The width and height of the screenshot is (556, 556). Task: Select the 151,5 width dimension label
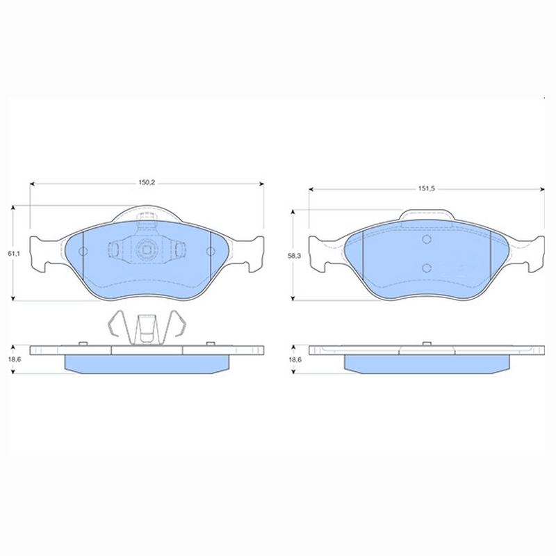pyautogui.click(x=426, y=188)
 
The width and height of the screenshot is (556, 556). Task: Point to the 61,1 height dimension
pyautogui.click(x=12, y=254)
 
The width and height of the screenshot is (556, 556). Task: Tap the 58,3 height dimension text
pyautogui.click(x=295, y=256)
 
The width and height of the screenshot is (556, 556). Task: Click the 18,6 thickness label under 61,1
pyautogui.click(x=13, y=360)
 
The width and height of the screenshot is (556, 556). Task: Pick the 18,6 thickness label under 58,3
pyautogui.click(x=295, y=360)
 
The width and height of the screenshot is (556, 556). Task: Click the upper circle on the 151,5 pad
pyautogui.click(x=427, y=240)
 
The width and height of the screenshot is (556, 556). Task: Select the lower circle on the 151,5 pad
pyautogui.click(x=427, y=268)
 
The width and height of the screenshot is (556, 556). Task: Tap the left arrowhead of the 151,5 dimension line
pyautogui.click(x=312, y=188)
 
